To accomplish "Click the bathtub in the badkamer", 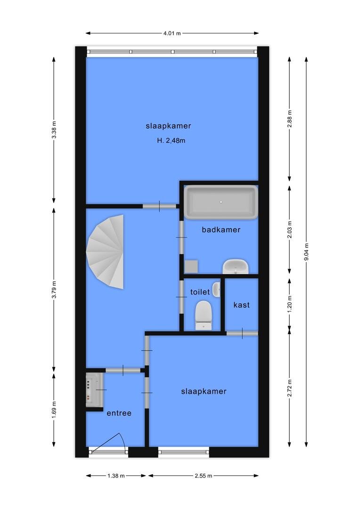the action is click(221, 202).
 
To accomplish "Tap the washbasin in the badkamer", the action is click(235, 267).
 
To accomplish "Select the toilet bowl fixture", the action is click(204, 315).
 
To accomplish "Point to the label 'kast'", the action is click(242, 305).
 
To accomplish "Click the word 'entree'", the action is click(119, 413).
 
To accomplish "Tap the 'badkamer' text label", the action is click(221, 230).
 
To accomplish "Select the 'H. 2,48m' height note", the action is click(171, 140).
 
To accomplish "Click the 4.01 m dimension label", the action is click(172, 33).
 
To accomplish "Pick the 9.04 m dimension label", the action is click(307, 252).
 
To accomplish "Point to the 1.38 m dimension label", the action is click(116, 476).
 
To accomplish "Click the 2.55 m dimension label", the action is click(204, 476).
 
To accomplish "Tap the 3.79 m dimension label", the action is click(54, 289).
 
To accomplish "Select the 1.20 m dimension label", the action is click(290, 302).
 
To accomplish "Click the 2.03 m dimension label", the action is click(290, 230).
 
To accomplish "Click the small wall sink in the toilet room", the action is click(217, 289).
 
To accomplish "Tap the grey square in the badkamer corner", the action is click(191, 266).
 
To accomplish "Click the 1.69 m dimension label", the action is click(54, 410).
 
